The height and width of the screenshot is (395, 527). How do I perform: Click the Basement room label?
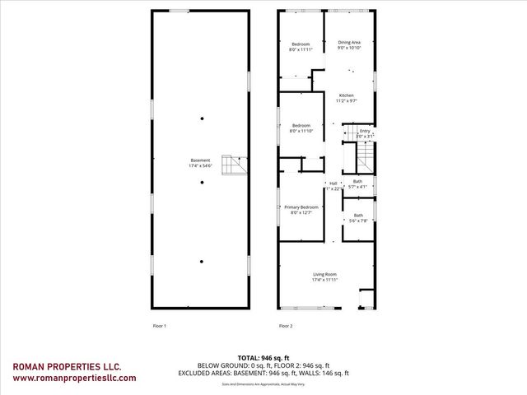[200, 163]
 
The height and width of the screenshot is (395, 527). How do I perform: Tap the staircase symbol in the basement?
[238, 165]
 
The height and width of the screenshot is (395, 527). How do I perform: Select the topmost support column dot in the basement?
[202, 119]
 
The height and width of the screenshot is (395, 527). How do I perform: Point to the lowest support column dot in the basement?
[202, 261]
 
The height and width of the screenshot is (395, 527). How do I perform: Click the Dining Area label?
[349, 44]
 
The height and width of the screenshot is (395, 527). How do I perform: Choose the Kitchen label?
[347, 98]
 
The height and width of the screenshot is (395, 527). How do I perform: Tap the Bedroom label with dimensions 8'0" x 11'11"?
[300, 47]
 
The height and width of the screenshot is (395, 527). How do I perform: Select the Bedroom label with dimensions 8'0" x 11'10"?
[301, 128]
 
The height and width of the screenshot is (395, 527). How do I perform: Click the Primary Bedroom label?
[301, 209]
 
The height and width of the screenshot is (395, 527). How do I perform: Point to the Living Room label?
[324, 276]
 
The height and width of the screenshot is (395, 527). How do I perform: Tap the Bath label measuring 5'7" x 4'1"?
[357, 184]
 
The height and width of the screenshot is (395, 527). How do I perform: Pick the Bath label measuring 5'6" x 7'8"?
[357, 217]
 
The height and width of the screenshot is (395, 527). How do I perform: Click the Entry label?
[365, 132]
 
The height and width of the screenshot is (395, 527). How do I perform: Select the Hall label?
[333, 185]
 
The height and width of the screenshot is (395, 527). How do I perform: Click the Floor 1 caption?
[160, 326]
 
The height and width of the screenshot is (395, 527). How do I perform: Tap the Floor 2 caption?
[286, 326]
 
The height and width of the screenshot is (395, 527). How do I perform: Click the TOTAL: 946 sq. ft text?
[263, 358]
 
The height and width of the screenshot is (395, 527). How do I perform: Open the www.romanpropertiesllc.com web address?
[74, 379]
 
